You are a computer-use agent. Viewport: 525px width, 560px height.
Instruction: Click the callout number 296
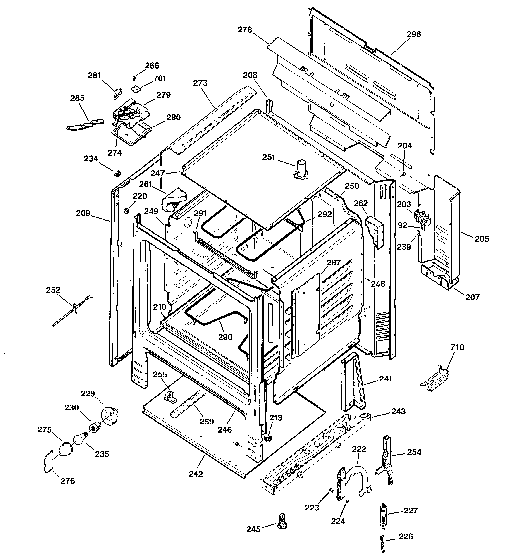(x=414, y=34)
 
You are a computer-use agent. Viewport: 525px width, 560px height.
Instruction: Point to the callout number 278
(x=245, y=30)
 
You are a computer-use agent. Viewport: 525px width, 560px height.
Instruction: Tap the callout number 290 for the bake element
(x=225, y=337)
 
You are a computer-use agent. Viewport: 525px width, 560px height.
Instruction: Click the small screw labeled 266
(x=134, y=77)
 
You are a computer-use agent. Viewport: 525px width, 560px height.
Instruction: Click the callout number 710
(x=457, y=347)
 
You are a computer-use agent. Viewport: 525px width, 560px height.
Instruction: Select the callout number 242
(x=196, y=474)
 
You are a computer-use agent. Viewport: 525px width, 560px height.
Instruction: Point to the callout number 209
(x=83, y=213)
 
